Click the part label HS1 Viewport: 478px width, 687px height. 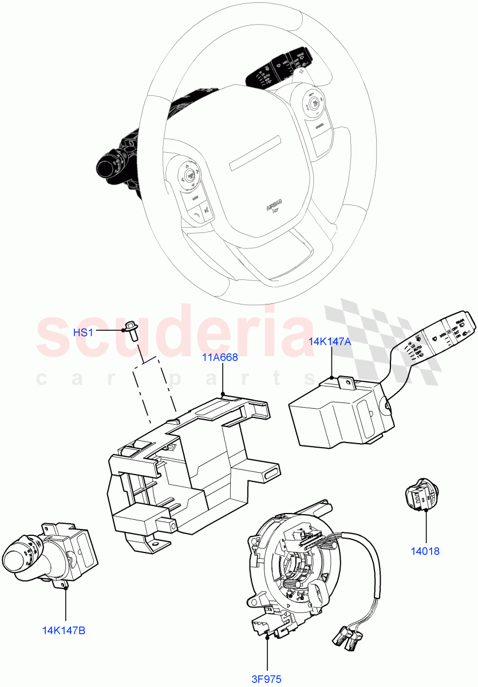(x=83, y=333)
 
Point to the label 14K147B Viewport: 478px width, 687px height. (x=64, y=631)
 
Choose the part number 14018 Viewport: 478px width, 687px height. (x=425, y=551)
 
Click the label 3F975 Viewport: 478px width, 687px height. (x=267, y=680)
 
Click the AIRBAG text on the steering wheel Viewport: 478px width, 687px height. (x=276, y=207)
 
